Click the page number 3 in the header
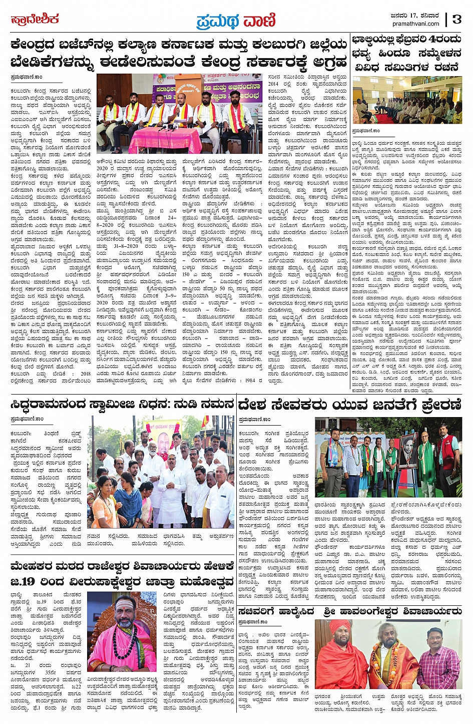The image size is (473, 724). pyautogui.click(x=456, y=19)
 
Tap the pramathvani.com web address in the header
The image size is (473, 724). pyautogui.click(x=416, y=24)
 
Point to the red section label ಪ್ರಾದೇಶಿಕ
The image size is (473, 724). pyautogui.click(x=35, y=20)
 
